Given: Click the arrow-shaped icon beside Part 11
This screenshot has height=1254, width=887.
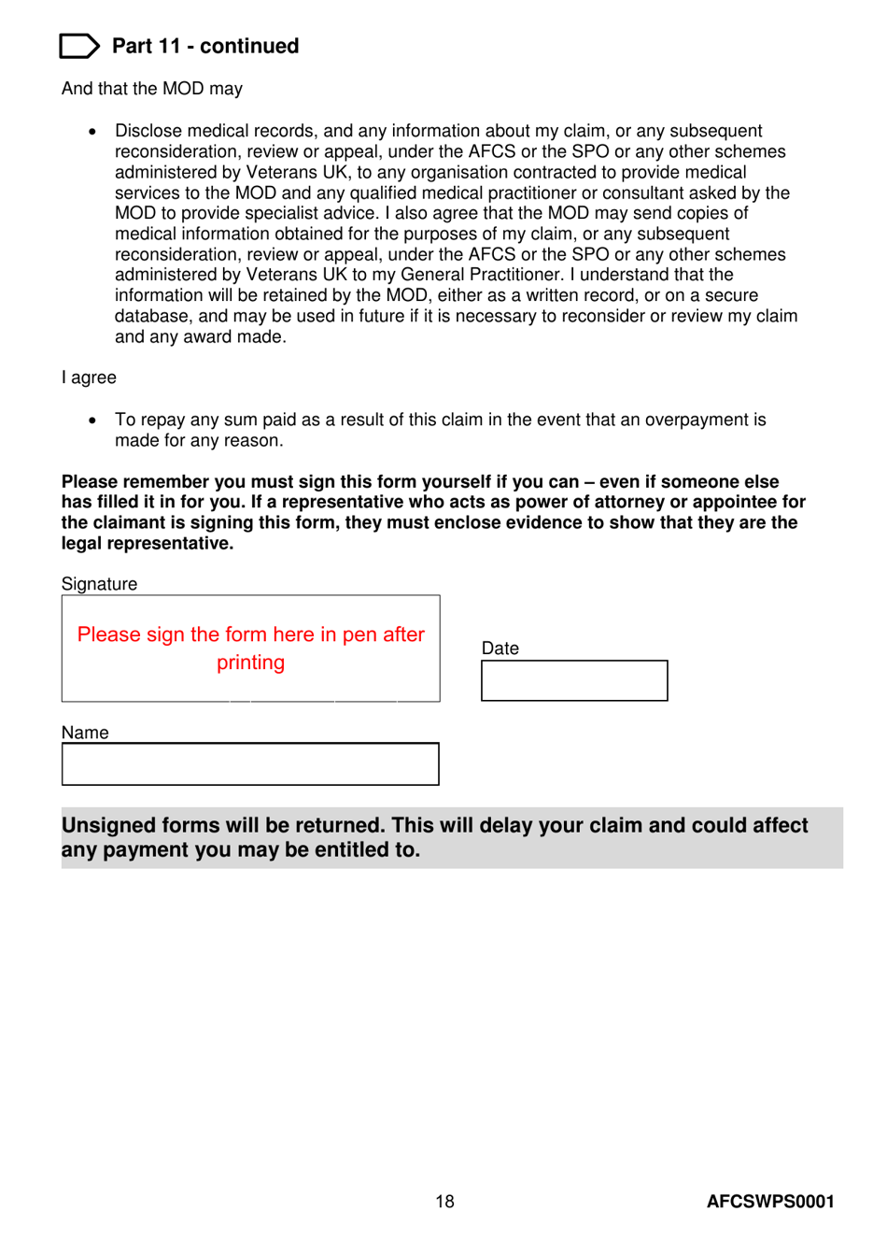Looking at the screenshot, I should tap(78, 46).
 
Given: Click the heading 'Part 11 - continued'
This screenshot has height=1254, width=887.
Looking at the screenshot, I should tap(205, 46).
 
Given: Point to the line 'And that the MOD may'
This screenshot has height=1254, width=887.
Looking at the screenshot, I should tap(151, 89).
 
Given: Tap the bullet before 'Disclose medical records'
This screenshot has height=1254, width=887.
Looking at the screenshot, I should tap(92, 132).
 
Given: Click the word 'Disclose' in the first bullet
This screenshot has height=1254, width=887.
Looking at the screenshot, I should tap(148, 131).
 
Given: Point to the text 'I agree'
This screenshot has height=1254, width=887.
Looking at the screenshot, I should tap(89, 378).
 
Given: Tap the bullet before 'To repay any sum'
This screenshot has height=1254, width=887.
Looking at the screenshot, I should tap(92, 420).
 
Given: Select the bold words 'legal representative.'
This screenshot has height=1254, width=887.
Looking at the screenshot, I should tap(148, 544).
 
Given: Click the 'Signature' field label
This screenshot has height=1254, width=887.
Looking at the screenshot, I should tap(99, 584).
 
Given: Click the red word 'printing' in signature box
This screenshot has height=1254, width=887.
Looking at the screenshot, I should tap(250, 663).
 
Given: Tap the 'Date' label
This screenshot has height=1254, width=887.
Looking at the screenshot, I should tap(500, 648).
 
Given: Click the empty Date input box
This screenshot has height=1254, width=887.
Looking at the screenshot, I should tap(574, 681).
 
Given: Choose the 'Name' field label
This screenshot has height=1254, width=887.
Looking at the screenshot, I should tap(85, 733).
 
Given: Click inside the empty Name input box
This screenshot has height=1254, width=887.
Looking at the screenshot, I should tap(250, 764).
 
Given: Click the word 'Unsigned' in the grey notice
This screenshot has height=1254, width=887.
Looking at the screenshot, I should tap(107, 826).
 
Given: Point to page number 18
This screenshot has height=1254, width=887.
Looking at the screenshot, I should tap(444, 1202).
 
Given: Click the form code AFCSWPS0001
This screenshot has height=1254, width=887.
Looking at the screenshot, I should tap(770, 1202).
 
